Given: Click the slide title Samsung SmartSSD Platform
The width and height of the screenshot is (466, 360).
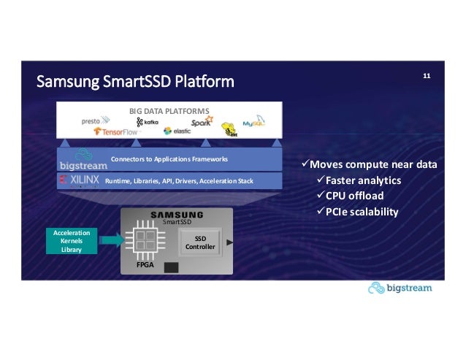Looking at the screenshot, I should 136,80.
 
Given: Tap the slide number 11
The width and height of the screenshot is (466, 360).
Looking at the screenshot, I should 427,75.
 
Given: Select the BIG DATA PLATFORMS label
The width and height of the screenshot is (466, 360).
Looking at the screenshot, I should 169,110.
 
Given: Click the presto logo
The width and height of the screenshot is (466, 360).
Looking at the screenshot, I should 96,120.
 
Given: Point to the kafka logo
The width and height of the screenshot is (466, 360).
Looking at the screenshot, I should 147,122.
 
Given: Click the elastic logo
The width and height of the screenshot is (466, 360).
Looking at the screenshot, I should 177,131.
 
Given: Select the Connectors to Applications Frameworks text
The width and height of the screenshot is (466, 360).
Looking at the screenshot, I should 169,158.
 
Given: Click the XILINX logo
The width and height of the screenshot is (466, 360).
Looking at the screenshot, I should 80,179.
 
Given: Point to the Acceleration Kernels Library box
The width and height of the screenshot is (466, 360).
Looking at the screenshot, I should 71,240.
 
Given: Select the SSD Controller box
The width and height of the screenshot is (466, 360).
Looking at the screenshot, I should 200,243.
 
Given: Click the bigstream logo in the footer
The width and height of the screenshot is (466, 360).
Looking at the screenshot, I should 400,288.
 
